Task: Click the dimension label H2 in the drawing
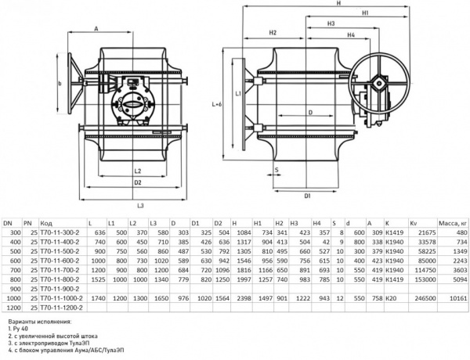(x=272, y=33)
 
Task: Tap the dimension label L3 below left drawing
(x=140, y=206)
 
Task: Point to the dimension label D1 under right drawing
(x=308, y=196)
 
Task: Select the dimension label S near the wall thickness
(x=277, y=170)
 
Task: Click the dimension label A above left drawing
(x=96, y=28)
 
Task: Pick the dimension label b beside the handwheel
(x=60, y=84)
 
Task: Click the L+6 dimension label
(x=216, y=105)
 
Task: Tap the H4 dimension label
(x=351, y=35)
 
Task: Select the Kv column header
(x=414, y=223)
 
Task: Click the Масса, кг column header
(x=453, y=223)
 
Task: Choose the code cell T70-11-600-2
(x=60, y=261)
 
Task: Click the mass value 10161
(x=460, y=298)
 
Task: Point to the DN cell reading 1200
(x=12, y=308)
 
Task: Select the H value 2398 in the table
(x=244, y=298)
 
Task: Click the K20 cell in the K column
(x=390, y=298)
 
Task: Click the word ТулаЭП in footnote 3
(x=79, y=343)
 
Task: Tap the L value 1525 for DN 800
(x=97, y=279)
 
